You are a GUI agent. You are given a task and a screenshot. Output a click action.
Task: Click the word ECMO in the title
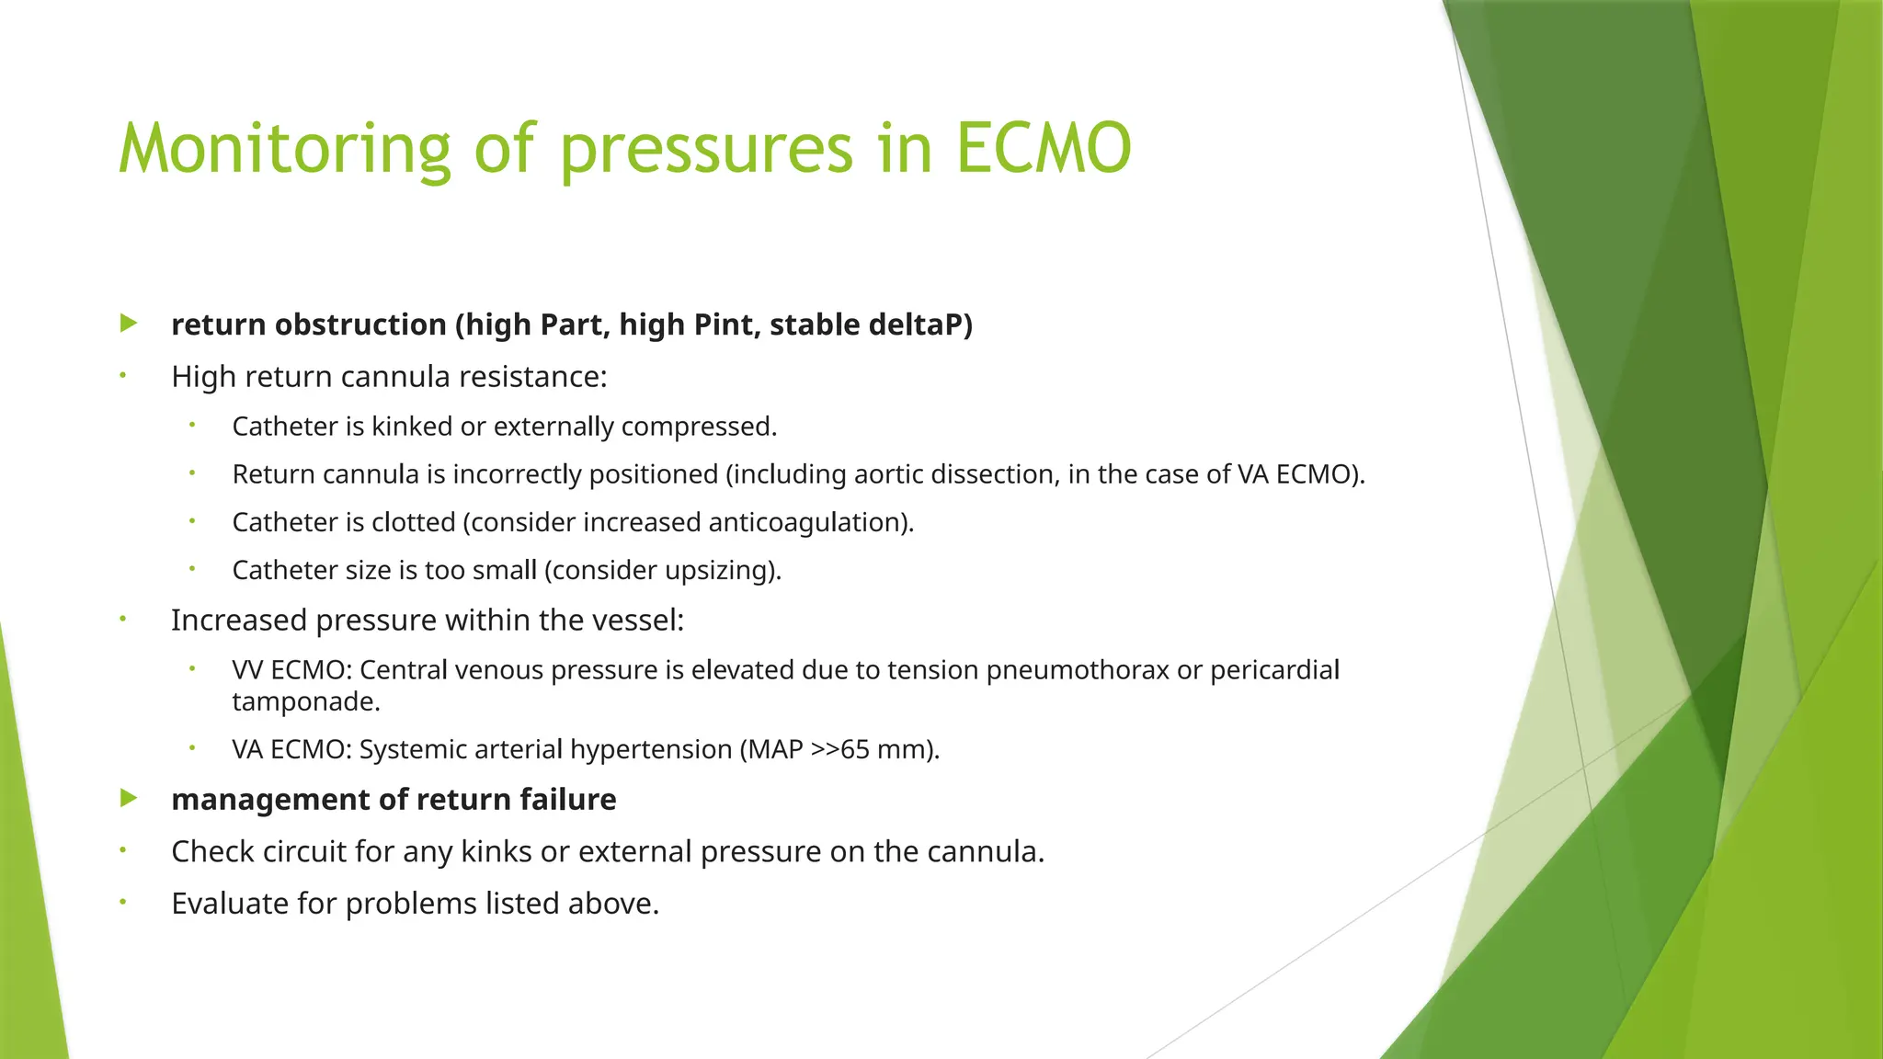[1043, 149]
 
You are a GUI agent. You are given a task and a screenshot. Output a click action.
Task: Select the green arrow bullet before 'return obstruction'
[129, 324]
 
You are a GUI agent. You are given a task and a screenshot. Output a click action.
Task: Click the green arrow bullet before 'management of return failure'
[129, 798]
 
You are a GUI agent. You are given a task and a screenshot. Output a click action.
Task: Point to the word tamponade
[305, 702]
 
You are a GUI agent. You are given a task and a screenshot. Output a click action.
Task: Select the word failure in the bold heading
[568, 800]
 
